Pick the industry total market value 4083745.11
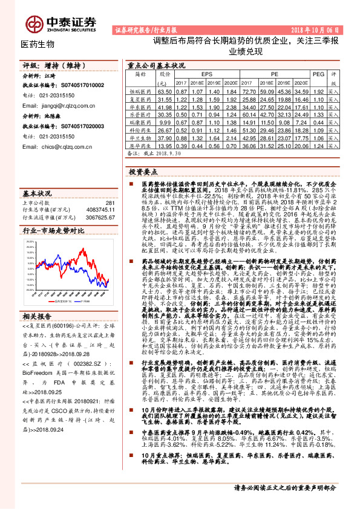[99, 209]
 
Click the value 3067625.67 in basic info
[99, 216]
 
